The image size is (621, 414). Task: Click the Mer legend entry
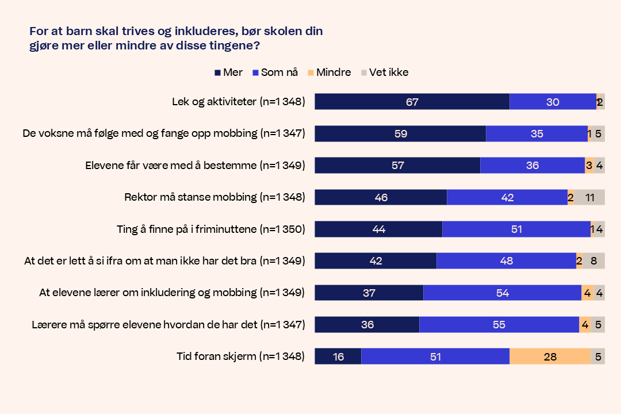[228, 72]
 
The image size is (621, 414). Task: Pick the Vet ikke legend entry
[384, 72]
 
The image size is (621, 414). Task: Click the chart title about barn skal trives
[176, 38]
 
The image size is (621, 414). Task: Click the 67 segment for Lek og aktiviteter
[412, 102]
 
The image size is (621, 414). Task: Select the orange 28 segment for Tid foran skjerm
[550, 356]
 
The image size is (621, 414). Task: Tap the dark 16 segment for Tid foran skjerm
[338, 356]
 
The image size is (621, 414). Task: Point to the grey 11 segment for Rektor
[589, 197]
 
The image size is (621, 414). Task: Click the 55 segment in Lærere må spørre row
[499, 325]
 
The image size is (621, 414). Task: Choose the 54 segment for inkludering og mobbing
[502, 293]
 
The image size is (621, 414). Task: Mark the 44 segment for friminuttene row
[378, 229]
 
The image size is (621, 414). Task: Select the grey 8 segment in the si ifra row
[593, 261]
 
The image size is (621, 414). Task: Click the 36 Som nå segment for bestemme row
[532, 166]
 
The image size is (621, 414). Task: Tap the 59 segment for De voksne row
[400, 133]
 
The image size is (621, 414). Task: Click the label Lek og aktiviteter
[238, 102]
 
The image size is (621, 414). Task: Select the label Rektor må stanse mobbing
[214, 197]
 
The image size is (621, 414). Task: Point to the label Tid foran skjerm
[240, 356]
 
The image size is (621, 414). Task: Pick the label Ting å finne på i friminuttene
[210, 229]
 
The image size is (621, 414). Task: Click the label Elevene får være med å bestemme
[195, 166]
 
